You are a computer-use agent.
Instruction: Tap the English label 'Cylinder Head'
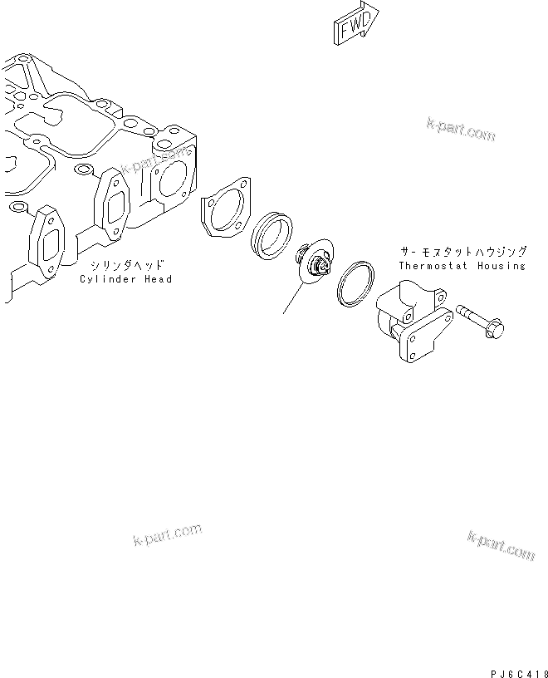click(125, 279)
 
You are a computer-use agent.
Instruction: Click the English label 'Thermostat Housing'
click(462, 266)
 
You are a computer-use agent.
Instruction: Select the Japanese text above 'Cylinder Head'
click(127, 265)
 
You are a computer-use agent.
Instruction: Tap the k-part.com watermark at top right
click(460, 129)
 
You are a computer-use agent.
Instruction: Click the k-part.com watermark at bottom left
click(167, 535)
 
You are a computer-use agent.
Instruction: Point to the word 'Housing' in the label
click(502, 266)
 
